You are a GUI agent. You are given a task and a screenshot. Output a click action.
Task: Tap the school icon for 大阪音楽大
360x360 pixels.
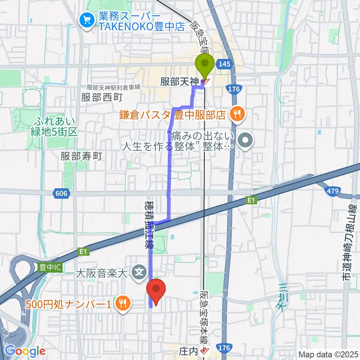point(140,270)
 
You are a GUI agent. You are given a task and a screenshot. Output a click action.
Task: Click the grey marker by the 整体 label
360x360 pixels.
point(246,141)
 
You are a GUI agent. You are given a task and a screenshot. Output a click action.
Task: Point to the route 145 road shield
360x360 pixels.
point(224,64)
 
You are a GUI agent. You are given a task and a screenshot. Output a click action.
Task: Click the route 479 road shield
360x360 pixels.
point(332,192)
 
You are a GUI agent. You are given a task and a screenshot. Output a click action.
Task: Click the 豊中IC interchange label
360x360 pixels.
point(51,267)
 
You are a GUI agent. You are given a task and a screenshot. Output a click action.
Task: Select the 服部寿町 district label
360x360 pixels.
point(81,156)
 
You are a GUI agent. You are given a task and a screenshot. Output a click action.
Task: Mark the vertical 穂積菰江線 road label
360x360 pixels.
point(147,225)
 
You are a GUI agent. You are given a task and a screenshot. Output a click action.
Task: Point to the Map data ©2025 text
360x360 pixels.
point(328,354)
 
